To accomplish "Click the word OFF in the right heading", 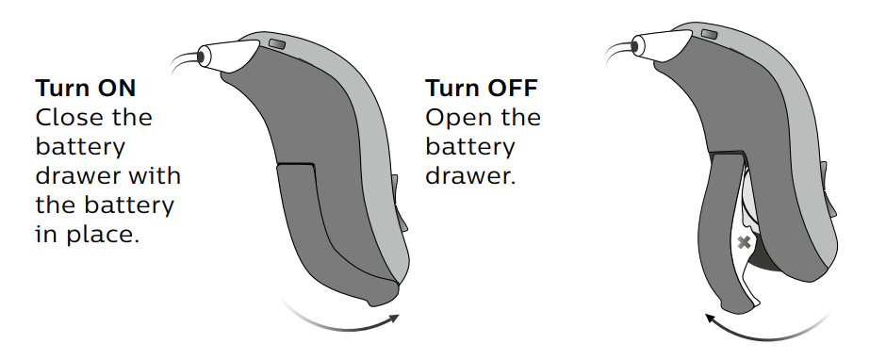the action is pos(510,89).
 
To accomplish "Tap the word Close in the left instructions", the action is pos(66,118).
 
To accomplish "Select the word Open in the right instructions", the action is pos(455,118).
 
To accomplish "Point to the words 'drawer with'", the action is pos(107,176).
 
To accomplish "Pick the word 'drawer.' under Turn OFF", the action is pos(470,176).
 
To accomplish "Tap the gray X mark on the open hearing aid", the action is pos(744,243).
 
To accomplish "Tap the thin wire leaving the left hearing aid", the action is pos(181,62).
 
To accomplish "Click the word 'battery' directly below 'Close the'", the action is pos(79,147).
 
